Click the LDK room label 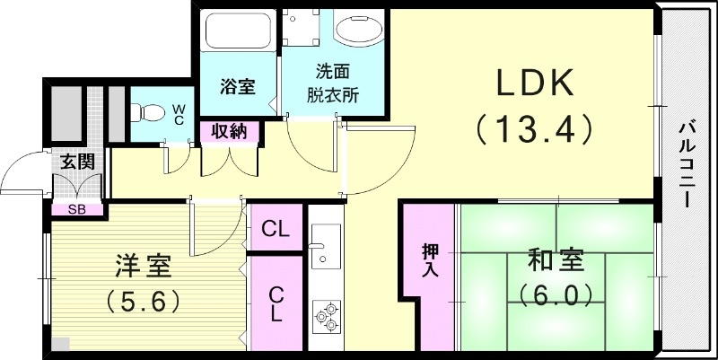click(536, 83)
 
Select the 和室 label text click(556, 262)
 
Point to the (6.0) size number click(556, 294)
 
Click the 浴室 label click(238, 87)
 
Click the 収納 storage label click(230, 132)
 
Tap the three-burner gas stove click(325, 316)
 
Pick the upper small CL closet click(276, 230)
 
